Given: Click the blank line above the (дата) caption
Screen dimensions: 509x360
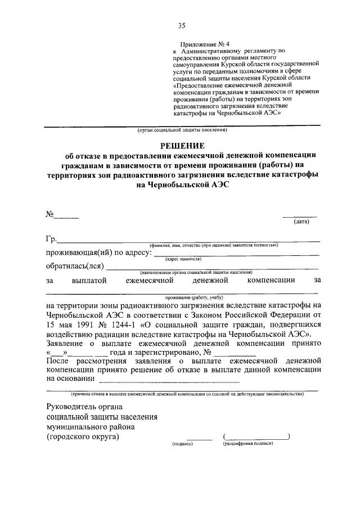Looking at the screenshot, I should pyautogui.click(x=299, y=217).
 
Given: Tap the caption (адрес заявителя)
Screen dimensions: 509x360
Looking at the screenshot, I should pyautogui.click(x=183, y=259).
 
